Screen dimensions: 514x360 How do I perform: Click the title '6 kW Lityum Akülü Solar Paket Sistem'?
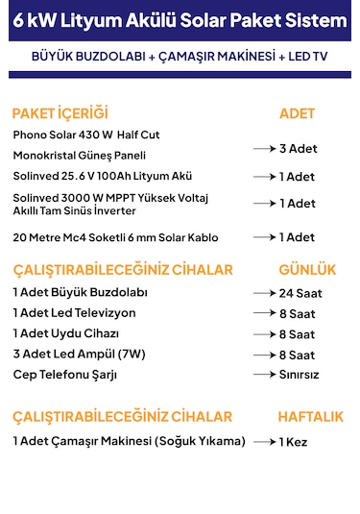click(x=180, y=22)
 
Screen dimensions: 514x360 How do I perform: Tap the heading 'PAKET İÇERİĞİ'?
click(x=60, y=113)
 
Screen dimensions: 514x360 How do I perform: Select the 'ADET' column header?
click(x=297, y=113)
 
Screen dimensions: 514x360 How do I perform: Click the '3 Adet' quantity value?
click(x=298, y=149)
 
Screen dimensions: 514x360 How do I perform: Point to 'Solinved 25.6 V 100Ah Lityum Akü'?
click(x=103, y=176)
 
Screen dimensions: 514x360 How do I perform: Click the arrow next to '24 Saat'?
click(x=265, y=293)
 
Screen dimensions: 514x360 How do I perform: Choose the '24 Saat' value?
click(x=301, y=293)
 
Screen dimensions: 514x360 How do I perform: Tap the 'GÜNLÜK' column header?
click(x=307, y=269)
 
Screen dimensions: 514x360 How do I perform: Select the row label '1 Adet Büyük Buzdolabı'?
click(x=80, y=292)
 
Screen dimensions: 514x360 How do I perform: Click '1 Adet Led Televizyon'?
click(x=74, y=313)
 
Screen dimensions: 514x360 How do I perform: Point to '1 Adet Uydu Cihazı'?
click(x=66, y=333)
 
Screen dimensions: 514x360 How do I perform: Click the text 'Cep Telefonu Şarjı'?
click(x=63, y=374)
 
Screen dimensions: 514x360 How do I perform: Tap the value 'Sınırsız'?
click(x=300, y=375)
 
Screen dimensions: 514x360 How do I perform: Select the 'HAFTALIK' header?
click(x=310, y=417)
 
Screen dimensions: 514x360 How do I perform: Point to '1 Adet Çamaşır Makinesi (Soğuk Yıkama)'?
click(x=130, y=441)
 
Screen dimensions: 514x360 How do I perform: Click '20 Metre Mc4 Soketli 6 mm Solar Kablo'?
click(x=115, y=237)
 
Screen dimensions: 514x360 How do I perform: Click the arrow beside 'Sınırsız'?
click(x=265, y=375)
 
